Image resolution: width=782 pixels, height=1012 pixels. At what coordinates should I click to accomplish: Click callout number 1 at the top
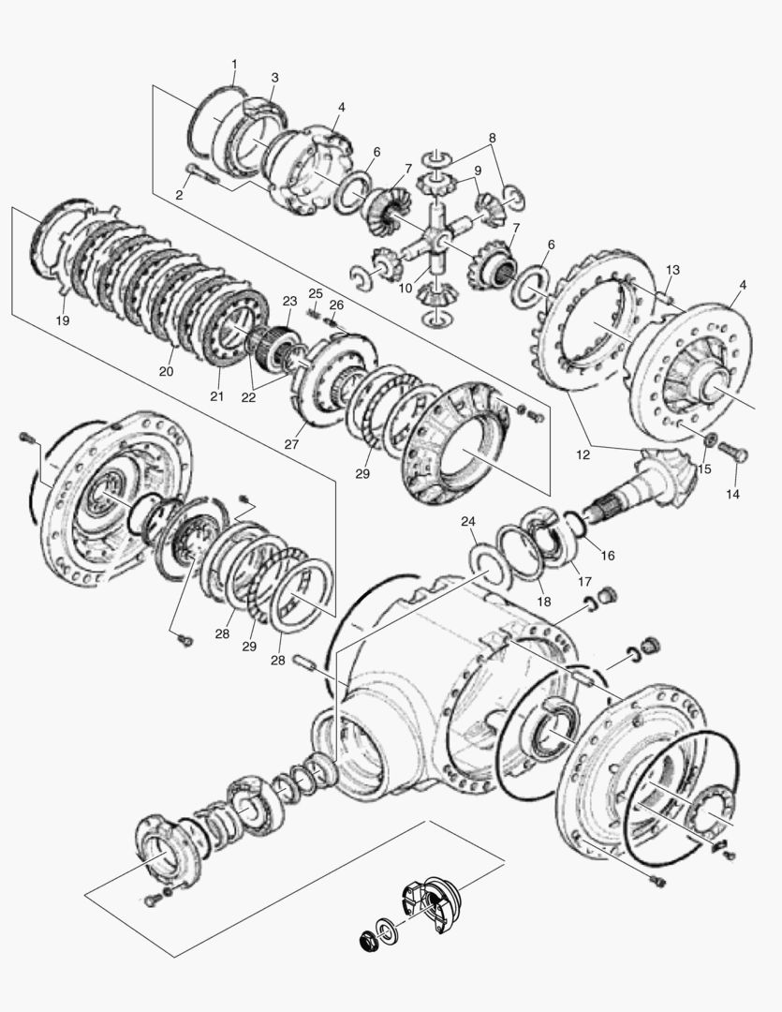pos(234,64)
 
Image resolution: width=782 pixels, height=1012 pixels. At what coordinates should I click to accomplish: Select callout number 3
pos(274,77)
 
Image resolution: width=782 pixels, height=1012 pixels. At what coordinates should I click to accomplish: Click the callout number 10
pos(405,288)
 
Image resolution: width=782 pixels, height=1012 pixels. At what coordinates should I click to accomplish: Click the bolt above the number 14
pos(737,454)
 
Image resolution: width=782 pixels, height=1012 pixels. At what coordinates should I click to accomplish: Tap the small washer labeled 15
pos(709,440)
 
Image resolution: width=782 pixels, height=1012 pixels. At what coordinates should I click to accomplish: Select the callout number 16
pos(607,555)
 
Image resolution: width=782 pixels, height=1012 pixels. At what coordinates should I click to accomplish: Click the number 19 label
pos(63,320)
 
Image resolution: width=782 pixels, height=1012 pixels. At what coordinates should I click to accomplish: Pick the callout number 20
pos(166,371)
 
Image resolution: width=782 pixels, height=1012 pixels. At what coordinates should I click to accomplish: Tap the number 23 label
pos(289,301)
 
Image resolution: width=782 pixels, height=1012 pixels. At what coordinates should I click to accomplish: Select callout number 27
pos(292,443)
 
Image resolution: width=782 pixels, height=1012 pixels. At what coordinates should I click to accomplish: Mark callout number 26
pos(336,305)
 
